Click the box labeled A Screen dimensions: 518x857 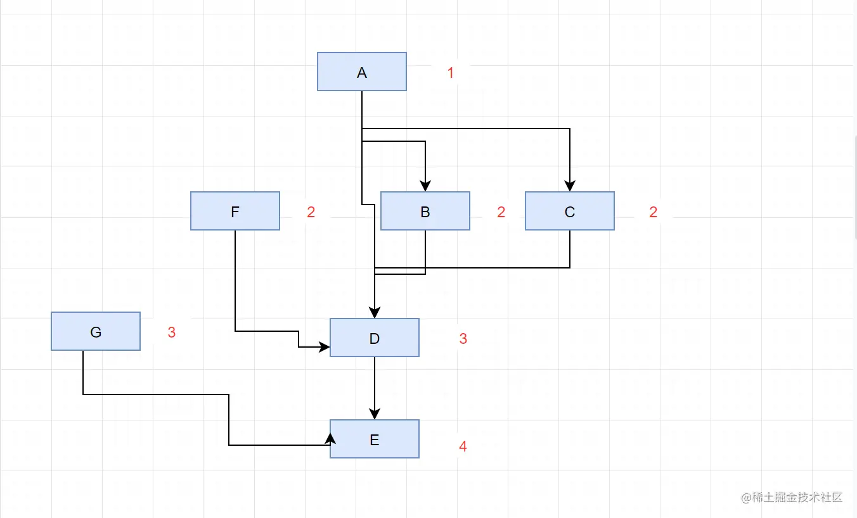click(x=361, y=72)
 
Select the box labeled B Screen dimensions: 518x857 click(x=425, y=211)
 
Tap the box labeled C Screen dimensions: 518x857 click(x=569, y=211)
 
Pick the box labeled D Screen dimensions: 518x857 click(x=374, y=338)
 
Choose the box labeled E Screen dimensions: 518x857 click(x=374, y=439)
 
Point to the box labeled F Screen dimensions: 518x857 click(x=235, y=211)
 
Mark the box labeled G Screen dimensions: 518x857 click(x=95, y=331)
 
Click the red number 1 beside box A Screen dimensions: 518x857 click(x=451, y=73)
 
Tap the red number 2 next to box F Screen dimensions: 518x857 click(x=311, y=212)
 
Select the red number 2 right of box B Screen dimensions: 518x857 click(x=501, y=212)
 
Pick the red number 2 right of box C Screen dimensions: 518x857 click(x=653, y=212)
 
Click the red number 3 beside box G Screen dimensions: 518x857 click(x=171, y=332)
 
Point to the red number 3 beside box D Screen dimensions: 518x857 click(x=463, y=339)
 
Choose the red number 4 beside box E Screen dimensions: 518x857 click(x=463, y=446)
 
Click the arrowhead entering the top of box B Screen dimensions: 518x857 click(x=425, y=186)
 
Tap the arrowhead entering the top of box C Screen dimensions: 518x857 click(x=569, y=186)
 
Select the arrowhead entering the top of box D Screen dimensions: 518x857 click(x=375, y=313)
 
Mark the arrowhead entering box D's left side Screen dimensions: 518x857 click(x=325, y=347)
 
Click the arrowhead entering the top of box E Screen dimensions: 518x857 click(x=375, y=414)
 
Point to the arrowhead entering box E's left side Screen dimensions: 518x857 click(x=330, y=438)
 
